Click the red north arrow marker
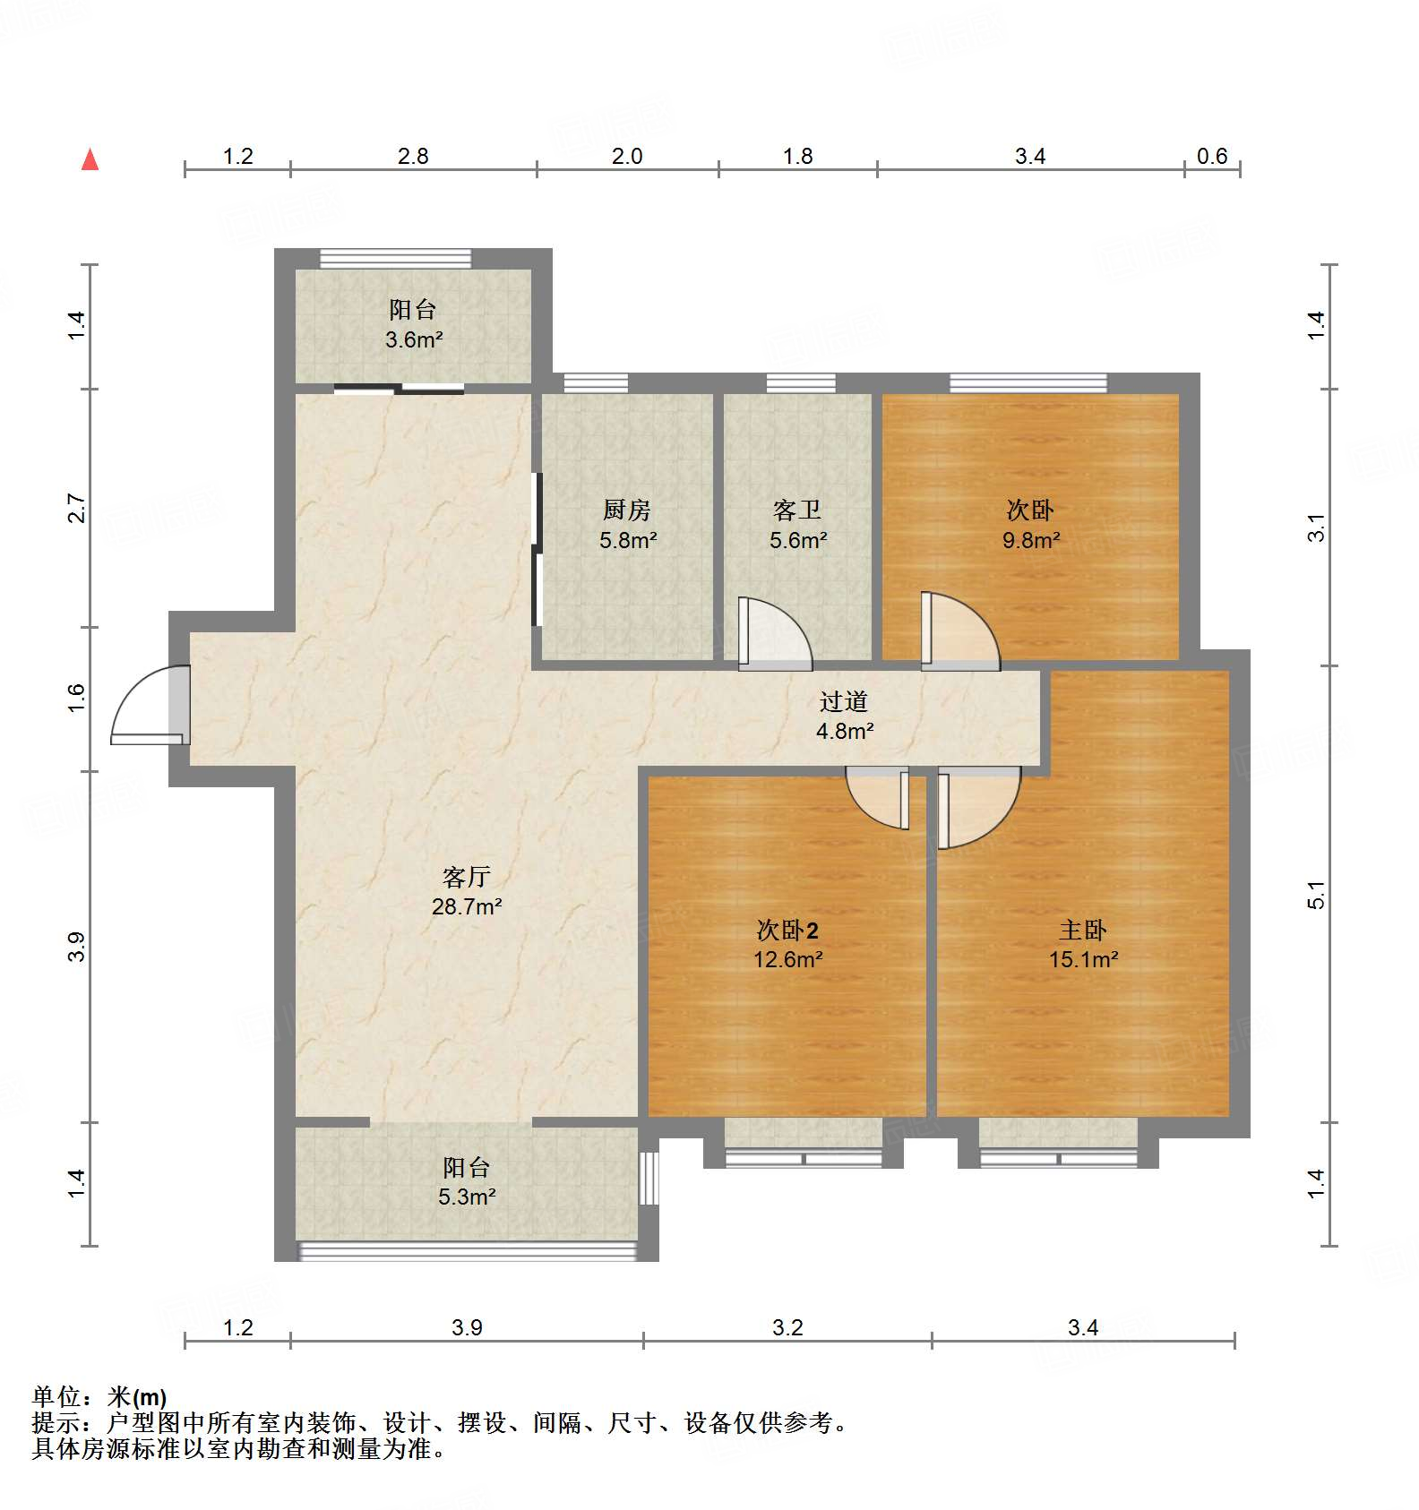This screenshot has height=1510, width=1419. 90,159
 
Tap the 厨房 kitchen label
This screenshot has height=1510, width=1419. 626,510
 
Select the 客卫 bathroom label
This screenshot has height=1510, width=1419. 796,510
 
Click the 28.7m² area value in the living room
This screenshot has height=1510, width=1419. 466,906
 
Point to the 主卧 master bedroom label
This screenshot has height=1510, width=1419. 1082,931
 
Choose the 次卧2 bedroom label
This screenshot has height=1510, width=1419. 787,931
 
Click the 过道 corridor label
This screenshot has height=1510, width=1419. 843,701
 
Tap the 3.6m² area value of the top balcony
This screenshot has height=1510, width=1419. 414,339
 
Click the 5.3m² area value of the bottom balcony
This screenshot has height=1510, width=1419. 467,1197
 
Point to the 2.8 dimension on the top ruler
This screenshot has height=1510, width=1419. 413,156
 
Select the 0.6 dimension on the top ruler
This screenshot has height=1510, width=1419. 1211,156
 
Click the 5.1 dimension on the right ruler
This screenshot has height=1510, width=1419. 1315,895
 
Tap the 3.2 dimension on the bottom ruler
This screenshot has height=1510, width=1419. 787,1327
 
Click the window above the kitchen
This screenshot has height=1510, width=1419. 596,383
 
